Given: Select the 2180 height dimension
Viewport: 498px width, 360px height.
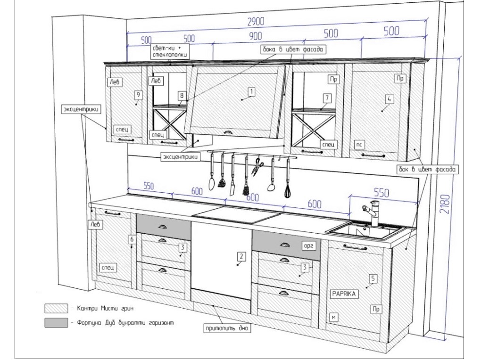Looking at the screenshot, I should click(x=449, y=204).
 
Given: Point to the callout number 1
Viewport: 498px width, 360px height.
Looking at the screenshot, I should click(x=252, y=91).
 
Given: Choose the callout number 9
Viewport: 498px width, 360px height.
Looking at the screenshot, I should click(x=138, y=95).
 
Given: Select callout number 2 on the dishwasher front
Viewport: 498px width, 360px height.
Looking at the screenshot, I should click(x=241, y=256).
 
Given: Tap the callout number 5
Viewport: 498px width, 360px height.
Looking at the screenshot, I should click(x=373, y=279).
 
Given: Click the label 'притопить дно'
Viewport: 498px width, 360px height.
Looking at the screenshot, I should click(x=225, y=328).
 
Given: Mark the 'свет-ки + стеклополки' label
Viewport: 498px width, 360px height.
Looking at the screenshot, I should click(x=171, y=51).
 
